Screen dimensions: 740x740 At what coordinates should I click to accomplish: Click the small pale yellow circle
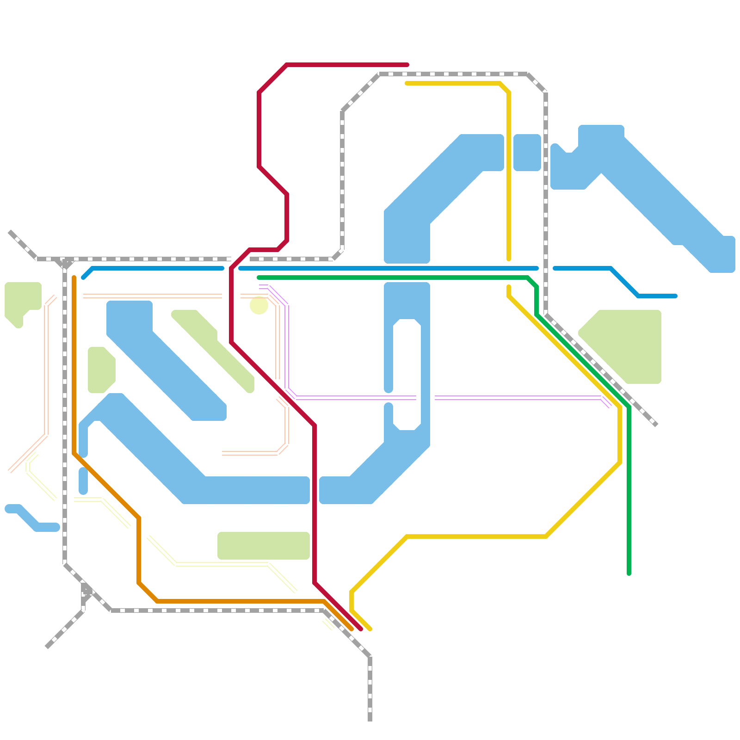[259, 305]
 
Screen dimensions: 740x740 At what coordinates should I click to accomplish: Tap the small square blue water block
[527, 153]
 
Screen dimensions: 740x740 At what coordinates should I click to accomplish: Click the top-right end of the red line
[407, 65]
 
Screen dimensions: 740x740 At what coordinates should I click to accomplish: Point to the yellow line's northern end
[407, 83]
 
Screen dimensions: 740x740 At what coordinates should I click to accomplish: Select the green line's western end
[259, 277]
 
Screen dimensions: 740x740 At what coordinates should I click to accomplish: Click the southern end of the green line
[629, 574]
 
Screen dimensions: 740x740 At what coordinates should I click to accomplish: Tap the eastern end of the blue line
[676, 296]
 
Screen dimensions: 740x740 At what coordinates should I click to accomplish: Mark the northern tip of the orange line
[74, 277]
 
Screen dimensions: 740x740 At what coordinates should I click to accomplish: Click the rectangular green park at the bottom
[264, 546]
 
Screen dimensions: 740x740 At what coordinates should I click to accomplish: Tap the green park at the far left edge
[21, 298]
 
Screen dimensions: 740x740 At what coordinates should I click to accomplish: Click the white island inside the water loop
[407, 375]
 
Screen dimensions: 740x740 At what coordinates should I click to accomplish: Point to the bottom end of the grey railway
[370, 720]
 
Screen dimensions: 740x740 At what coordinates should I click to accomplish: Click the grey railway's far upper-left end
[10, 232]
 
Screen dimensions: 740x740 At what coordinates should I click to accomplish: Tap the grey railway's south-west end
[47, 647]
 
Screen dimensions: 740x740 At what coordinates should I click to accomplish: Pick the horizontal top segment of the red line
[347, 65]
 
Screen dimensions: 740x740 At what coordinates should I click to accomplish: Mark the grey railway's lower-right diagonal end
[656, 425]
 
